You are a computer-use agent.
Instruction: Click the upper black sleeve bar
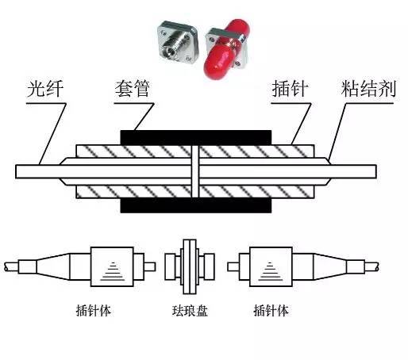point(195,136)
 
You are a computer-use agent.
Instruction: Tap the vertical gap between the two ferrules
point(195,171)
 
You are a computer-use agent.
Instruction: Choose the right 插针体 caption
point(271,310)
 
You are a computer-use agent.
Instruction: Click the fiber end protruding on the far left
point(32,171)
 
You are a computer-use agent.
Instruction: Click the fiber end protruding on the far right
point(361,171)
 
